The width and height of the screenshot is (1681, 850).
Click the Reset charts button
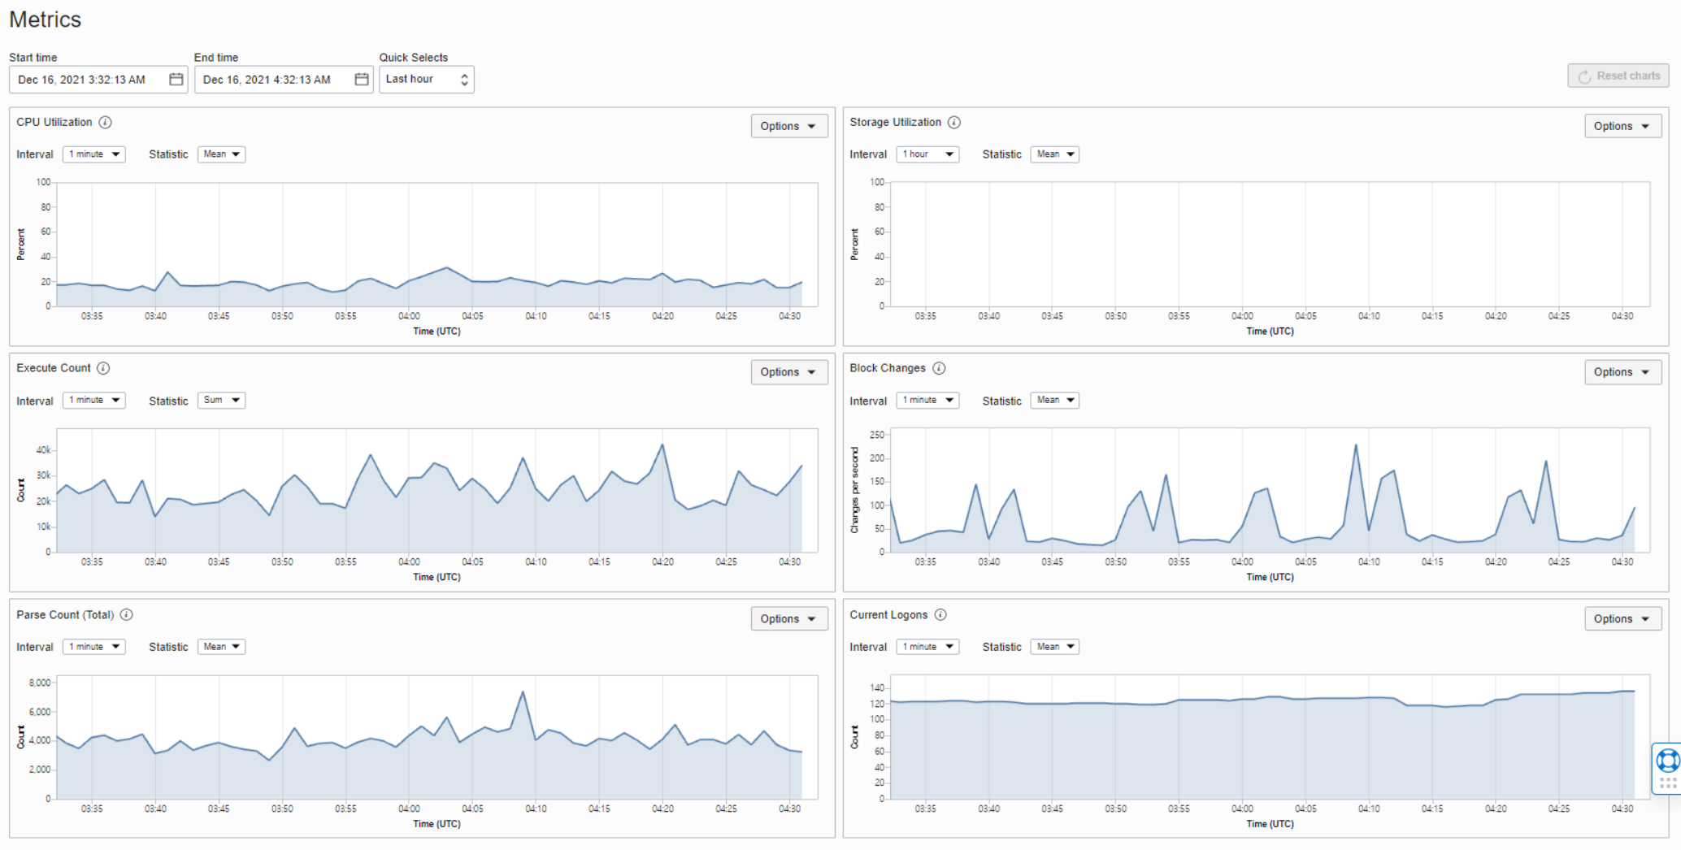click(x=1618, y=76)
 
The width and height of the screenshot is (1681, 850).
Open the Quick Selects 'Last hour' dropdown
click(x=426, y=80)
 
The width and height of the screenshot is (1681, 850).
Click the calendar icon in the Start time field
click(x=176, y=79)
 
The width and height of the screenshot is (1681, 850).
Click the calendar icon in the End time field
click(x=362, y=79)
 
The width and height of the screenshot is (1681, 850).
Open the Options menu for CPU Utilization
click(x=788, y=126)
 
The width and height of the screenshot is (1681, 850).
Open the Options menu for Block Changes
click(x=1622, y=372)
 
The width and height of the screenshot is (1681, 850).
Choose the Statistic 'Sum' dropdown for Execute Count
click(x=221, y=400)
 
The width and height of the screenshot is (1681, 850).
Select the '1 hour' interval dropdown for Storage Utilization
click(x=927, y=154)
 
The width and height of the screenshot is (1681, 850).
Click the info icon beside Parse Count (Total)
click(x=127, y=614)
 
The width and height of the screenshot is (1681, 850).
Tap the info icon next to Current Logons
click(x=940, y=614)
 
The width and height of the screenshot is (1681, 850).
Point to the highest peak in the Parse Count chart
click(x=523, y=692)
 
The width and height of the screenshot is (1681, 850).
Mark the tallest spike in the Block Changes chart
click(x=1356, y=445)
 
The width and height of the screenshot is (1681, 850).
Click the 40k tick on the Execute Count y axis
click(x=43, y=450)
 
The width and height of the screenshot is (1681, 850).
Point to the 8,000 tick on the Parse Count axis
click(x=40, y=683)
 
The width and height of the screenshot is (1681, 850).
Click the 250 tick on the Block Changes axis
click(x=876, y=435)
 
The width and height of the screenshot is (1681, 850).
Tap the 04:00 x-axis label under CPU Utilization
click(x=409, y=316)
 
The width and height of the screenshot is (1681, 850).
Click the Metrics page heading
click(x=46, y=20)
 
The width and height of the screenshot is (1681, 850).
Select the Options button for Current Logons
click(x=1622, y=618)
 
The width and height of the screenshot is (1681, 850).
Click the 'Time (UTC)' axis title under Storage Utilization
click(x=1270, y=332)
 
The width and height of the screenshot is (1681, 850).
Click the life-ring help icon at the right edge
click(x=1668, y=761)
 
